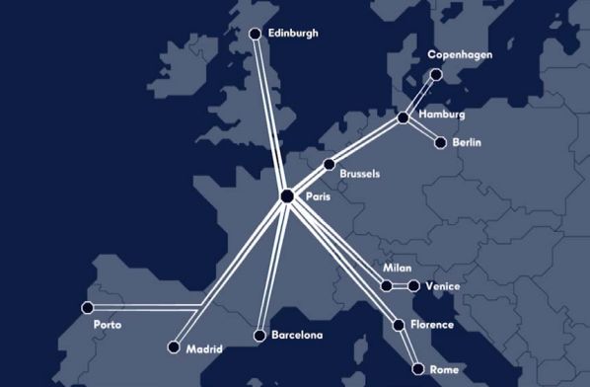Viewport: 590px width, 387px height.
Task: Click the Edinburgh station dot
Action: click(256, 35)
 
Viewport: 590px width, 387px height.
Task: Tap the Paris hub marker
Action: click(287, 196)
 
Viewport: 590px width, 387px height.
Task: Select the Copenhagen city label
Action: click(460, 55)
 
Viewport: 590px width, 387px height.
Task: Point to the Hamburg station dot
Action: click(403, 118)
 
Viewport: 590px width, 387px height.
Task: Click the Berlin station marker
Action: click(440, 143)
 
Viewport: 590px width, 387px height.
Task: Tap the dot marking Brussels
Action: click(330, 165)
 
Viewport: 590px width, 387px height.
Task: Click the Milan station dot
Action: click(387, 285)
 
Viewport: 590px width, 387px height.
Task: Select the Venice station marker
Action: click(414, 286)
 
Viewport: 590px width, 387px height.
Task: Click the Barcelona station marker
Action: click(258, 336)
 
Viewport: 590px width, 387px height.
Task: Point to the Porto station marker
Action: click(87, 307)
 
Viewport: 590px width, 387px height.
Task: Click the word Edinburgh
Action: click(294, 33)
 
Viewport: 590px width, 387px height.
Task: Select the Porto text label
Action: click(107, 325)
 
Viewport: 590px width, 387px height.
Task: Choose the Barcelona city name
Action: click(298, 336)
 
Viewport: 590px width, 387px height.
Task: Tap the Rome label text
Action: click(444, 369)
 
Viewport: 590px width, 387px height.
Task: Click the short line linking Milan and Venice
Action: click(401, 286)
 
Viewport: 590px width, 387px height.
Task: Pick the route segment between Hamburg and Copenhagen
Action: click(420, 96)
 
